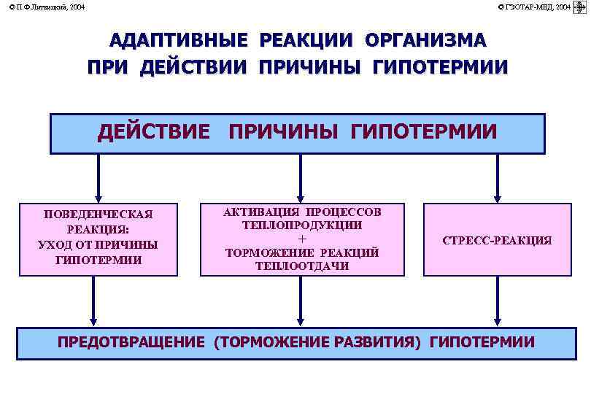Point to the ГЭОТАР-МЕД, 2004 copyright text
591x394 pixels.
(x=535, y=7)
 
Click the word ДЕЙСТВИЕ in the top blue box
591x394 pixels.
(x=154, y=132)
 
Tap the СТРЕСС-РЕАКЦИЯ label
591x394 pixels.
(x=497, y=240)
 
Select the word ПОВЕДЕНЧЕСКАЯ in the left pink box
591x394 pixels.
(x=98, y=214)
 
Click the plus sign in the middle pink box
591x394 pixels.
(x=302, y=239)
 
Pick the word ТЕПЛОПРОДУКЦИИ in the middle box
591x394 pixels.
(x=302, y=225)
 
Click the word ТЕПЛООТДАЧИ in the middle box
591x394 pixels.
(x=302, y=266)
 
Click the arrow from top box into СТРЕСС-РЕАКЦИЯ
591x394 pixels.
(x=497, y=178)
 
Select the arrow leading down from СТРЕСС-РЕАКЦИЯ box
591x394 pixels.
(x=497, y=301)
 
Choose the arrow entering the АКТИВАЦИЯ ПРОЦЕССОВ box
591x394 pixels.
(x=300, y=178)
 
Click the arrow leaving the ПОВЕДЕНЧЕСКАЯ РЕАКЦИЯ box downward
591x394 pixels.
(x=93, y=301)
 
